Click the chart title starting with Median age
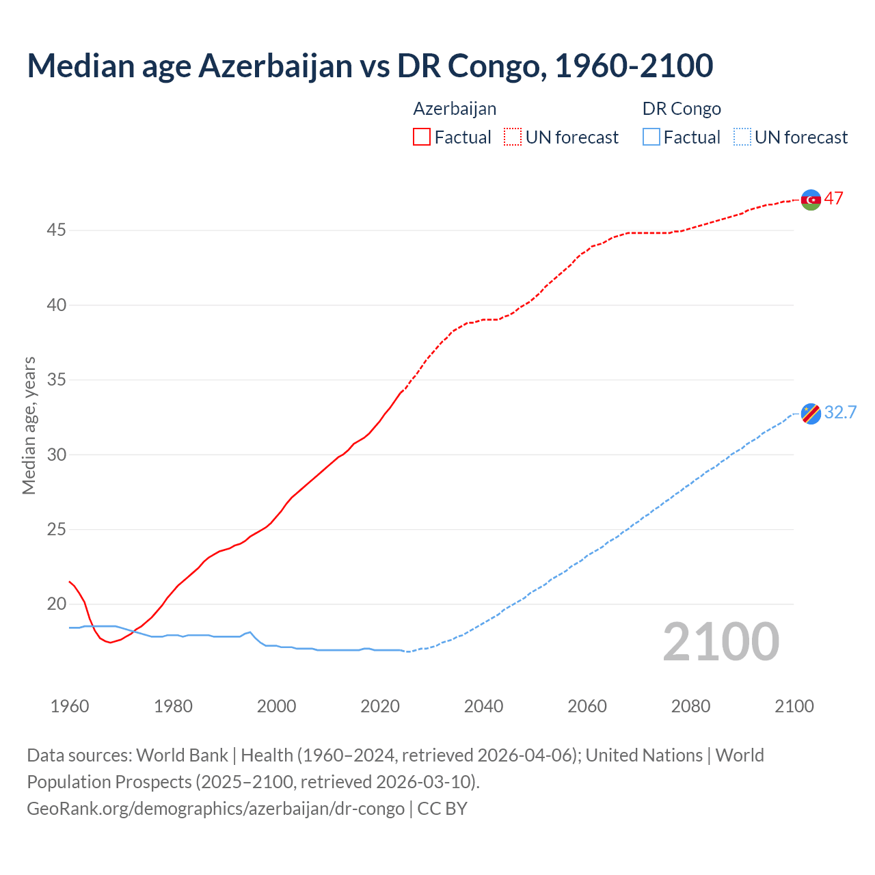pos(370,66)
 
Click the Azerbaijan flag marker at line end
pos(811,200)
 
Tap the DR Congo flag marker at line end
pos(811,414)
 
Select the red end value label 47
pos(833,198)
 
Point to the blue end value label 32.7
pos(840,412)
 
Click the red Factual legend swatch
pos(422,137)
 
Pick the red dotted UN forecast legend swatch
pos(513,137)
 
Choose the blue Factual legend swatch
pos(651,137)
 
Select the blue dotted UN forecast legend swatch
pos(742,137)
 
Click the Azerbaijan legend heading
pos(455,109)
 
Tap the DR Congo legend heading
pos(682,109)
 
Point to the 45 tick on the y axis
pos(56,230)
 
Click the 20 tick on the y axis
pos(56,604)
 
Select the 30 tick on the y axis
pos(56,455)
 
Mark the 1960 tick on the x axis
pos(70,706)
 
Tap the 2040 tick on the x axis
pos(483,706)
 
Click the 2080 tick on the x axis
pos(690,706)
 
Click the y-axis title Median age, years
pos(29,425)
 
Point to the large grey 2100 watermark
pos(721,642)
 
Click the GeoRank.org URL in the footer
pos(215,809)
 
